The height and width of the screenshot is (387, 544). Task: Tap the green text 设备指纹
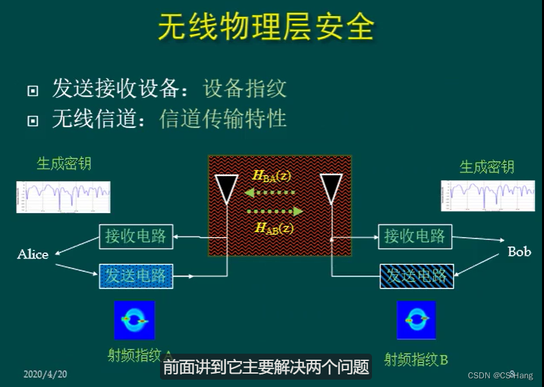click(x=245, y=88)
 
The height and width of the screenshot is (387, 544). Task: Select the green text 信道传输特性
click(x=223, y=118)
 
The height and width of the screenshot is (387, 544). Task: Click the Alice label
click(x=33, y=254)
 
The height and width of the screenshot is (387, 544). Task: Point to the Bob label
click(x=519, y=252)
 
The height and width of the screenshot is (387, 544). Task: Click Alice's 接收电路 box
click(x=136, y=236)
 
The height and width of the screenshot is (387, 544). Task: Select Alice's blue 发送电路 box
click(x=136, y=275)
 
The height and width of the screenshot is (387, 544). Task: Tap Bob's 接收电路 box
click(x=415, y=236)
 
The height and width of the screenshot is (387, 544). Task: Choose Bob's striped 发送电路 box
click(x=417, y=275)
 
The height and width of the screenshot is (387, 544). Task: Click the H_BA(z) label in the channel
click(x=272, y=176)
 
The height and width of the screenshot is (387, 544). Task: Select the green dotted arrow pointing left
click(x=270, y=194)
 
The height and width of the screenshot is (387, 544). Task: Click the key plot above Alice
click(x=63, y=196)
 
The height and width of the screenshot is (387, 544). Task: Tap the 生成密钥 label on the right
click(x=487, y=167)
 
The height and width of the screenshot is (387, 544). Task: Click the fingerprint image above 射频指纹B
click(x=416, y=320)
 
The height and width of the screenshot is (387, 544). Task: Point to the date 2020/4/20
click(x=45, y=374)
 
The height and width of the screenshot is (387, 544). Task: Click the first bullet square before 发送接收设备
click(x=33, y=91)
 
